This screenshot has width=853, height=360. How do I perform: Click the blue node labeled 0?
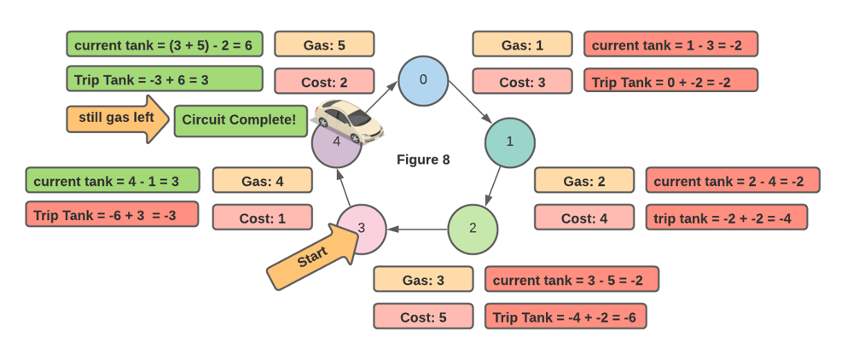[423, 81]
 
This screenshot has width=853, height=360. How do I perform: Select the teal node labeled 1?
[510, 142]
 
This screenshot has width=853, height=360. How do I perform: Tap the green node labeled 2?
[473, 229]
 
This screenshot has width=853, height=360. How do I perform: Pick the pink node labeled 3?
[362, 229]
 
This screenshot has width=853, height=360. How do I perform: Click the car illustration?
[349, 119]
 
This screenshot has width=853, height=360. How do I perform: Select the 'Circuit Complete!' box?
[240, 120]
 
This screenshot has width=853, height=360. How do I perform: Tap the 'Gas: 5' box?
[324, 44]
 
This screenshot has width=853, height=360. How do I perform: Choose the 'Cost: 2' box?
[324, 81]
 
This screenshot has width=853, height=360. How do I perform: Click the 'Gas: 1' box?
[522, 44]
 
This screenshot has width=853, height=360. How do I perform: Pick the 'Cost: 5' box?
[423, 316]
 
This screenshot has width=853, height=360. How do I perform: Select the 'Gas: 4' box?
[262, 181]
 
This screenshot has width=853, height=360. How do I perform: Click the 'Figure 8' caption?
[423, 160]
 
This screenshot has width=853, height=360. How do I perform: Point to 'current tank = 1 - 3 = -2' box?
[670, 44]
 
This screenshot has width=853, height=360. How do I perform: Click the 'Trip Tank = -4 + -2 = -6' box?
[566, 316]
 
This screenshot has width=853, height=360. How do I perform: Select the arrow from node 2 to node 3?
[417, 229]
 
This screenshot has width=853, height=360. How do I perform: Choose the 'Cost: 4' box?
[584, 218]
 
